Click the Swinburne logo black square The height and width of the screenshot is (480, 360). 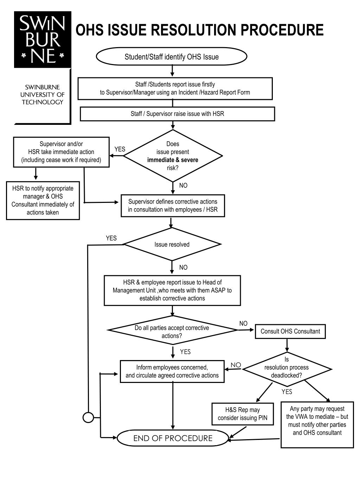point(43,39)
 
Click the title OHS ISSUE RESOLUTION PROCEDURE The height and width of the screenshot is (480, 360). point(199,30)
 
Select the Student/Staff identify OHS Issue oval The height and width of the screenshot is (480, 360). point(172,56)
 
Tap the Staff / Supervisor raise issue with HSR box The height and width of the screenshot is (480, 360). point(177,114)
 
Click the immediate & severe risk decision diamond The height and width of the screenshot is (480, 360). point(173,156)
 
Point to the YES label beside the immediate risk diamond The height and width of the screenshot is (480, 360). point(120,149)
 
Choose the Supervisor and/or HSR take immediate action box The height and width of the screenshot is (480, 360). point(61,152)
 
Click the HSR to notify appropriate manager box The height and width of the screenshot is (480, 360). point(43,200)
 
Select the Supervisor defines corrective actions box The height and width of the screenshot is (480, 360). point(173,206)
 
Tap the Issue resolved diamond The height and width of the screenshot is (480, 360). point(172,244)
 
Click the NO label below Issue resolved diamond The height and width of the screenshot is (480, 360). point(183,268)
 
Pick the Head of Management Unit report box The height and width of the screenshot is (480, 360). point(172,290)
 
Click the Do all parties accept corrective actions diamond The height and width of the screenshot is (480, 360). point(172,330)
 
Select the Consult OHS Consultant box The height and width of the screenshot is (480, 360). point(290,331)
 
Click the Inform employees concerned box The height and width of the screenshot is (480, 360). point(172,371)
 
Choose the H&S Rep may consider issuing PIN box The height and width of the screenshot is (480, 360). point(243,414)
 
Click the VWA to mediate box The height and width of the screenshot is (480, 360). point(317,425)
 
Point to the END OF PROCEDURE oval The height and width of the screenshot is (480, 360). point(173,438)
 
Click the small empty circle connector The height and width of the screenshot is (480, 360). point(88,418)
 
